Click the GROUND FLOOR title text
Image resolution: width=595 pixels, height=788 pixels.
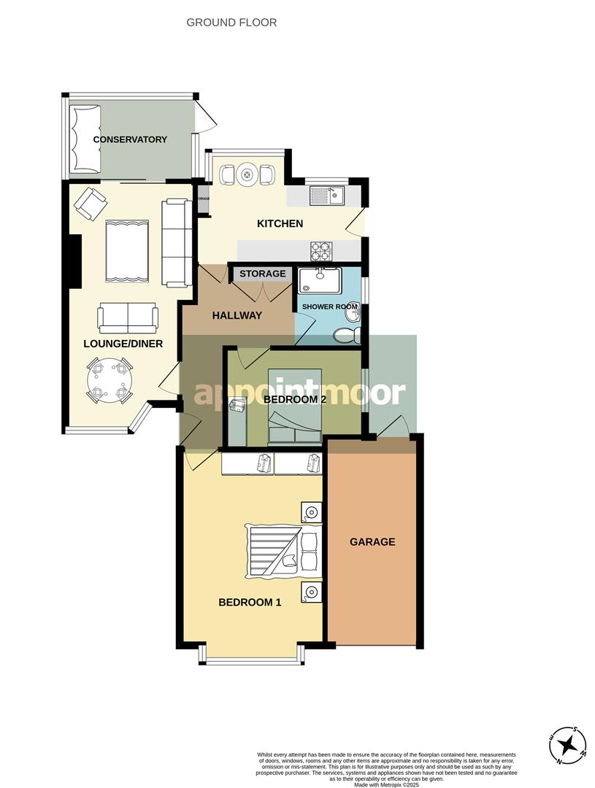tap(231, 23)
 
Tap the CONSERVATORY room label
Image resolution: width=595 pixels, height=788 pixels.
tap(130, 139)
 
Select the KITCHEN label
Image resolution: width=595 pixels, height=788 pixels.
tap(280, 223)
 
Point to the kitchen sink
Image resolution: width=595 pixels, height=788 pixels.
tap(326, 196)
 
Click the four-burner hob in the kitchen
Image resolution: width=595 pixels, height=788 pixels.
tap(321, 250)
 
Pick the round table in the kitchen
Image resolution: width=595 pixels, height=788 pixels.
tap(247, 174)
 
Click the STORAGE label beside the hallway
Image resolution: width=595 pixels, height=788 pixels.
tap(263, 274)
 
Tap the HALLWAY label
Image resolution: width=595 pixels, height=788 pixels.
tap(237, 316)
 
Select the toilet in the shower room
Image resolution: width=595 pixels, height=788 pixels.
tap(345, 335)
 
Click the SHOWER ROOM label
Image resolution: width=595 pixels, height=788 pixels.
tap(328, 306)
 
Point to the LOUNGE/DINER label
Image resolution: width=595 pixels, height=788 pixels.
tap(123, 344)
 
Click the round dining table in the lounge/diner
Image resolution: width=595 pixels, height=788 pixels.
tap(109, 381)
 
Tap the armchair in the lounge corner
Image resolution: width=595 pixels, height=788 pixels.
tap(90, 203)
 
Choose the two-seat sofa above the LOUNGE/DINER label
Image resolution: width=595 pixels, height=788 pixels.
tap(128, 317)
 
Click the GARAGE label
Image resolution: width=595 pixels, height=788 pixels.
tap(372, 542)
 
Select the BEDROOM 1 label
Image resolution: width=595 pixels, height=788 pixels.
tap(250, 603)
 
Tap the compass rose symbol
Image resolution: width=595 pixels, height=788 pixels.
tap(568, 746)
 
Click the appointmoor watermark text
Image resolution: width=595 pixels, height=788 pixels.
tap(299, 393)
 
